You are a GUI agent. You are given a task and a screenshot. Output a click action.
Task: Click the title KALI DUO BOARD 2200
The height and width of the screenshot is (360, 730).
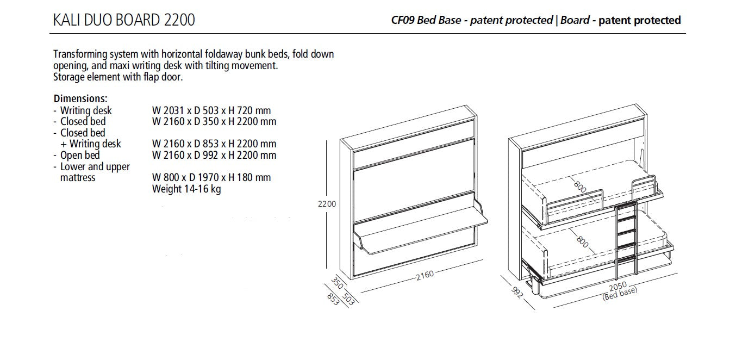coord(124,20)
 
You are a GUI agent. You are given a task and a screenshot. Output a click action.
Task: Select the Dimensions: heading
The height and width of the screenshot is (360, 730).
coord(80,99)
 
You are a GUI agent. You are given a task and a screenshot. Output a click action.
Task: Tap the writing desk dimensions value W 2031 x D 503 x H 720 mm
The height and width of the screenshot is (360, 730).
coord(211,111)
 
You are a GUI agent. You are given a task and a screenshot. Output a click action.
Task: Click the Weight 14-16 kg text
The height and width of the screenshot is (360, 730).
coord(186,189)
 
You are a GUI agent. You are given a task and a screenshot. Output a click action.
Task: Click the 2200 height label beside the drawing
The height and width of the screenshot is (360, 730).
coord(327,204)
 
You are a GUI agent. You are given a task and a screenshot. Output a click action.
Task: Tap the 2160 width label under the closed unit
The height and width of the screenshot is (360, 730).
coord(425,275)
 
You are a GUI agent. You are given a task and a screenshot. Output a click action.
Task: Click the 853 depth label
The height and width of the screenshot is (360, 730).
coord(332,299)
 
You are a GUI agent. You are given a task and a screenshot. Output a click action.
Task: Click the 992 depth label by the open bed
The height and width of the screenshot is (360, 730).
coord(517,292)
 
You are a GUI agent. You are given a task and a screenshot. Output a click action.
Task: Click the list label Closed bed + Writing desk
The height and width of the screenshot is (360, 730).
coord(90,138)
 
